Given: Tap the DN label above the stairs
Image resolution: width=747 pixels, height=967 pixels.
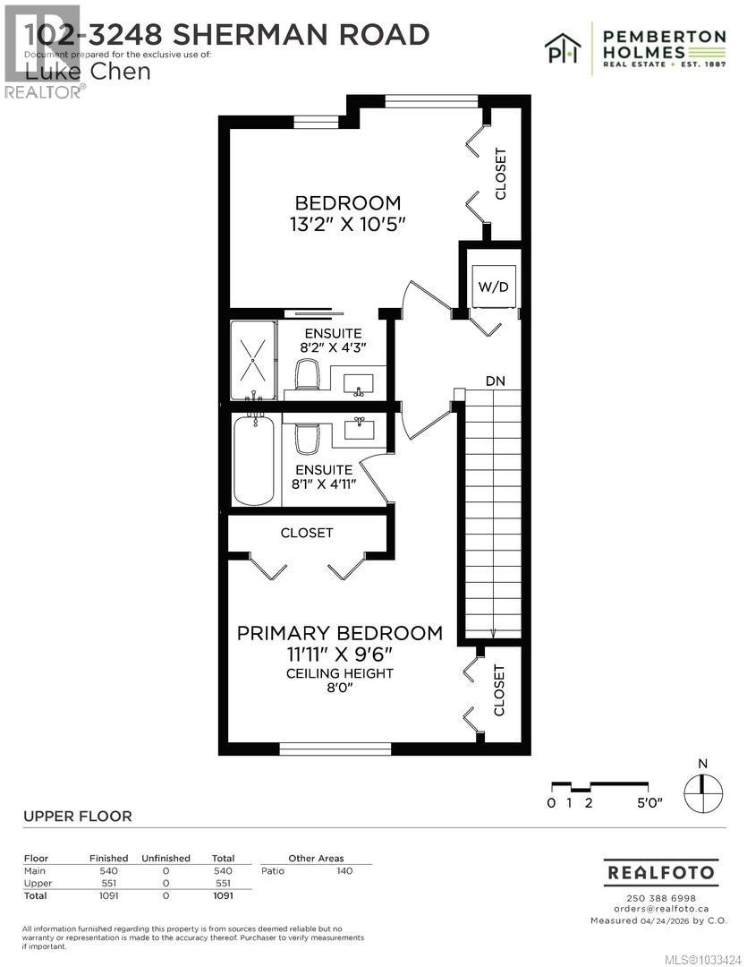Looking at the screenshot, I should click(x=495, y=381).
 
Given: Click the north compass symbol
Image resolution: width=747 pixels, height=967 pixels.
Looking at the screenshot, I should click(x=702, y=784).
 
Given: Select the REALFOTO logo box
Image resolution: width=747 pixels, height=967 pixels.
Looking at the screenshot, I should click(x=660, y=871).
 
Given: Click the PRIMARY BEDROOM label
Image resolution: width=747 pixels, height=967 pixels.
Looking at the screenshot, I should click(x=339, y=633).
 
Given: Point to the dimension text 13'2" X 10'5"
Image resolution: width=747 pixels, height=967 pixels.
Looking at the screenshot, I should click(x=348, y=224).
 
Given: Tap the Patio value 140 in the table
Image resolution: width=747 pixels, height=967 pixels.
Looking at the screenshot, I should click(x=344, y=870).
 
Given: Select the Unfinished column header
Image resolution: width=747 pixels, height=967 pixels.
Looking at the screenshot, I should click(x=166, y=858).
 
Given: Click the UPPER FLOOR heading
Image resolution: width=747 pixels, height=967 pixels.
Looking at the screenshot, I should click(x=77, y=816).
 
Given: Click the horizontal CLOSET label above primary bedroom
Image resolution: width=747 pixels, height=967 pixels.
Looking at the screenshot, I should click(x=307, y=533).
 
